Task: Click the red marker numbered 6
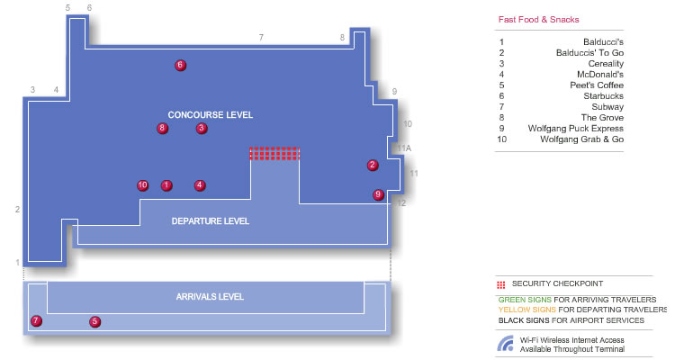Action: pyautogui.click(x=180, y=66)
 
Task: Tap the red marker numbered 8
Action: pyautogui.click(x=162, y=128)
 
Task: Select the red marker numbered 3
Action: pyautogui.click(x=202, y=128)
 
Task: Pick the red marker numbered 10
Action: pyautogui.click(x=142, y=185)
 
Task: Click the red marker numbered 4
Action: pyautogui.click(x=199, y=185)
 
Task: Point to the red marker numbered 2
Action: pyautogui.click(x=373, y=165)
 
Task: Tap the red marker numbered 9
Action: pyautogui.click(x=378, y=194)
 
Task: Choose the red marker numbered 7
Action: pyautogui.click(x=36, y=320)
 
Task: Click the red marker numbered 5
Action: pyautogui.click(x=94, y=321)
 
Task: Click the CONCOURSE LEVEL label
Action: pyautogui.click(x=210, y=115)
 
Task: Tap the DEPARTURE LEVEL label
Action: pyautogui.click(x=210, y=221)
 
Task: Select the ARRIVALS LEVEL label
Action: pyautogui.click(x=210, y=297)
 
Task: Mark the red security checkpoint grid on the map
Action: pyautogui.click(x=274, y=154)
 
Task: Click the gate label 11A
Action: pyautogui.click(x=404, y=148)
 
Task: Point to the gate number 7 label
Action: pyautogui.click(x=261, y=38)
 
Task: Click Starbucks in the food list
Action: pyautogui.click(x=603, y=96)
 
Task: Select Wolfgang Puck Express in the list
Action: pyautogui.click(x=576, y=129)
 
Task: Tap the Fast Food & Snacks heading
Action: pyautogui.click(x=538, y=20)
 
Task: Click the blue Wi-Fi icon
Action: pyautogui.click(x=506, y=344)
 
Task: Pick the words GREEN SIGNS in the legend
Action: pyautogui.click(x=525, y=300)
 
